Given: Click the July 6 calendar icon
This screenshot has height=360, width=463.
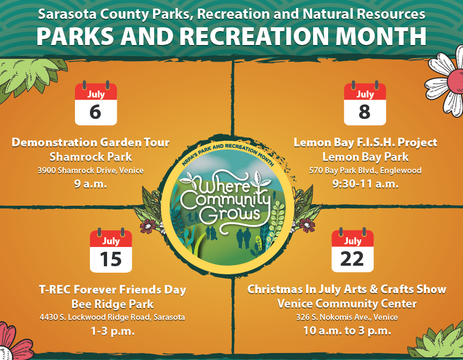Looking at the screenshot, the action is [96, 103].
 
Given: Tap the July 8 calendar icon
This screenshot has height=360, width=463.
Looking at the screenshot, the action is [365, 103].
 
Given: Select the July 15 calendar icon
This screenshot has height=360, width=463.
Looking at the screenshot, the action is [111, 250].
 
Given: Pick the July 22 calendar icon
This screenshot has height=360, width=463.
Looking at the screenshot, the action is [353, 250].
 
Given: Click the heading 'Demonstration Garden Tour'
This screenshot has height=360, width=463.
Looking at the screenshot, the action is [90, 142].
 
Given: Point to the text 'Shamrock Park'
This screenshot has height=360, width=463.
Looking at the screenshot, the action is [90, 157].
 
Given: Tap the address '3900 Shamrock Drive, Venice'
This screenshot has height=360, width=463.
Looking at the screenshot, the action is [90, 170].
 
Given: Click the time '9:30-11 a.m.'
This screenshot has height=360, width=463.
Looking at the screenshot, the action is [365, 184].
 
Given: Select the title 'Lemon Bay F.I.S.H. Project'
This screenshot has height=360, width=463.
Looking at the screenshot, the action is [365, 142].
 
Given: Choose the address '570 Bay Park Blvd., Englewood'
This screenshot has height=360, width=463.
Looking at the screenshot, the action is [365, 170].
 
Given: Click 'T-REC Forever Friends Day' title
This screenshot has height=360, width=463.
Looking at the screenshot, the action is [112, 290].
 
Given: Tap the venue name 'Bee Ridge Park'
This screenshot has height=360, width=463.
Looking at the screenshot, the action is [112, 304].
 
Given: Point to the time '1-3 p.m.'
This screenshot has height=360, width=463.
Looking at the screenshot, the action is [112, 331].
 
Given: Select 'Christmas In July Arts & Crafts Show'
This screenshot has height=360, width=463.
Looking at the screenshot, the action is [347, 289].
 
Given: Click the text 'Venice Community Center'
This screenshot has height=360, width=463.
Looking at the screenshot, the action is [347, 304].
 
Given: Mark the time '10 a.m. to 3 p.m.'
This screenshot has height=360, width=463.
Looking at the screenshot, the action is [347, 331].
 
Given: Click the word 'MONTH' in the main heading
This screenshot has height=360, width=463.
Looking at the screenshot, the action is [381, 36].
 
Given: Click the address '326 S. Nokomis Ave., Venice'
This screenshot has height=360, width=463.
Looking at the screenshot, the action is [347, 318].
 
